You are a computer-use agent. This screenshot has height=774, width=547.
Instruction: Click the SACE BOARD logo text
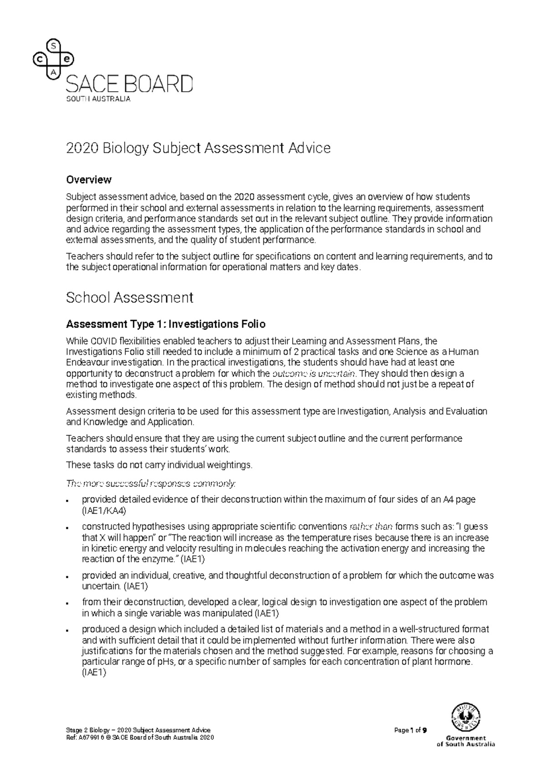pos(129,85)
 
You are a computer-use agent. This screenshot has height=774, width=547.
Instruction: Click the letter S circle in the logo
pos(54,45)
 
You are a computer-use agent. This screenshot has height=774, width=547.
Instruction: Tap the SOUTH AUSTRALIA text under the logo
pos(98,99)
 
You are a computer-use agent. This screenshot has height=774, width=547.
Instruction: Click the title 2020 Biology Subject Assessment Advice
pos(198,148)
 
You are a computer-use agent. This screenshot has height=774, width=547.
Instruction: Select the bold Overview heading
pos(88,179)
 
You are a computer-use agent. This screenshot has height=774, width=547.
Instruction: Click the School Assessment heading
pos(129,298)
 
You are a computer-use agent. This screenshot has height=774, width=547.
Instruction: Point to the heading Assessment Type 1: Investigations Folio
pos(165,324)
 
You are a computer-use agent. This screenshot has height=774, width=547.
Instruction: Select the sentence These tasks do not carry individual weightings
pos(159,465)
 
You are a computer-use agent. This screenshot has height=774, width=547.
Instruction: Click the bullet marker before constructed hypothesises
pos(67,527)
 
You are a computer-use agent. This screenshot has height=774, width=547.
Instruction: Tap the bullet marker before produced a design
pos(67,630)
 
